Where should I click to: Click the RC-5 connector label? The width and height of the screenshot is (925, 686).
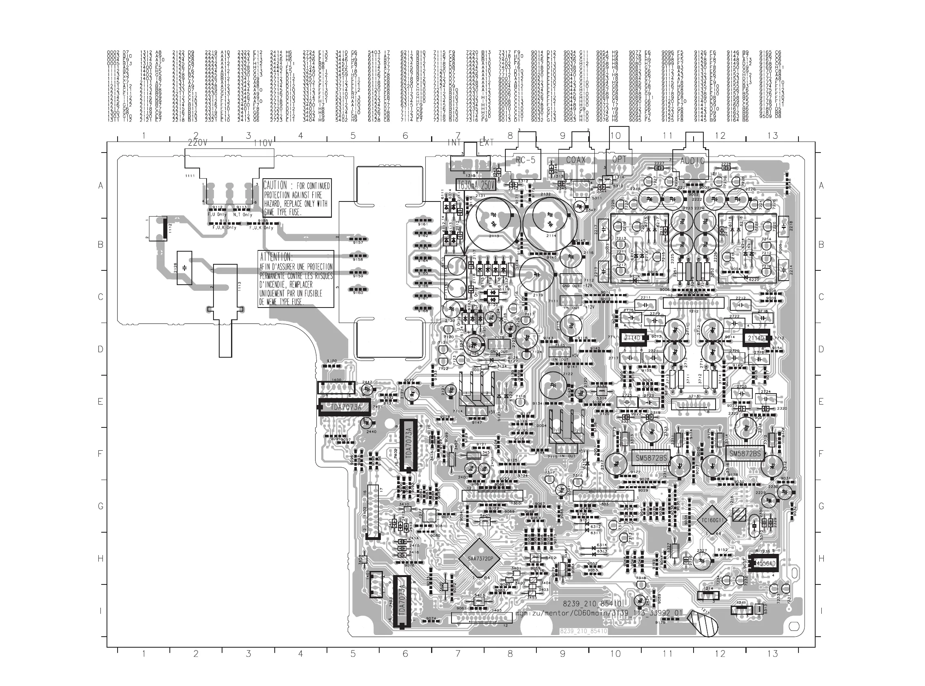click(x=525, y=160)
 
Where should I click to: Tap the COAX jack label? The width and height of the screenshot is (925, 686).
click(x=576, y=160)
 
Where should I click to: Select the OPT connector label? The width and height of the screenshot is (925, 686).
click(x=619, y=159)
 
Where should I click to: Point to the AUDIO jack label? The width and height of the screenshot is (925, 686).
click(x=692, y=161)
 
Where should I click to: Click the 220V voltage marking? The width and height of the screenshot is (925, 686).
click(x=198, y=143)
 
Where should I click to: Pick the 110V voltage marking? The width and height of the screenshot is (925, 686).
click(x=263, y=143)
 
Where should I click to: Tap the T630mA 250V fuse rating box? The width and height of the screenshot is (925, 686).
click(x=476, y=185)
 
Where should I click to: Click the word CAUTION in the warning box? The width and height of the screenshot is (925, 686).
click(x=275, y=185)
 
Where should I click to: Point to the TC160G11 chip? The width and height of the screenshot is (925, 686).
click(x=712, y=520)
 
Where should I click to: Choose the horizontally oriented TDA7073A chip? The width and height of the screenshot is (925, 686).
click(x=345, y=407)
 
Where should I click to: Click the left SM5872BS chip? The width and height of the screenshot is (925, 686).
click(x=651, y=458)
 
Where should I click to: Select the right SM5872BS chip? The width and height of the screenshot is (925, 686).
click(x=745, y=454)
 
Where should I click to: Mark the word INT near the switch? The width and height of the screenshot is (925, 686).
click(x=454, y=142)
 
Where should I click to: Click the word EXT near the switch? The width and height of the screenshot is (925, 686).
click(x=486, y=142)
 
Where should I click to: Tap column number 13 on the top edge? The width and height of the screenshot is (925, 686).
click(x=772, y=135)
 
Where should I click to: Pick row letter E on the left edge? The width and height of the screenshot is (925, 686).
click(x=100, y=402)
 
